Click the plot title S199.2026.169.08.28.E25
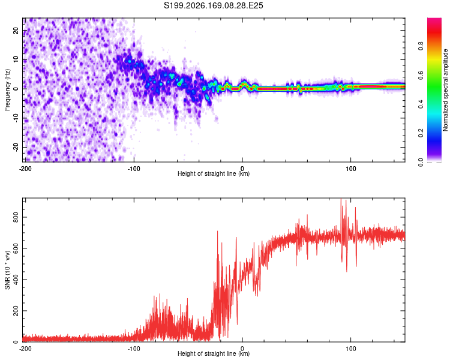(x=213, y=5)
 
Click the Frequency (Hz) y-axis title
(x=7, y=90)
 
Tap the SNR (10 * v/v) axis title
(x=7, y=270)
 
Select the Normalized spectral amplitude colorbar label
(x=445, y=90)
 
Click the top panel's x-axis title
(x=214, y=173)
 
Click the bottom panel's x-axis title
(x=214, y=353)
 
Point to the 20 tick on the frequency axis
(x=16, y=31)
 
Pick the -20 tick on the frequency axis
(x=16, y=147)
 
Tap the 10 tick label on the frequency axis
(x=16, y=59)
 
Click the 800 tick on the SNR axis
(x=16, y=217)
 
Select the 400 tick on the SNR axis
(x=16, y=280)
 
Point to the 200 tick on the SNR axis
(x=16, y=311)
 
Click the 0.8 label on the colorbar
(x=421, y=46)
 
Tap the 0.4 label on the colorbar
(x=421, y=104)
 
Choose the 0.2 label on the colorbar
(x=421, y=133)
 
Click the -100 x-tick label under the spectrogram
(x=134, y=169)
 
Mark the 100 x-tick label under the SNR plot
(x=351, y=349)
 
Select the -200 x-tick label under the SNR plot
(x=25, y=349)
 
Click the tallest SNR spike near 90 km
(x=341, y=199)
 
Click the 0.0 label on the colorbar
(x=421, y=162)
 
